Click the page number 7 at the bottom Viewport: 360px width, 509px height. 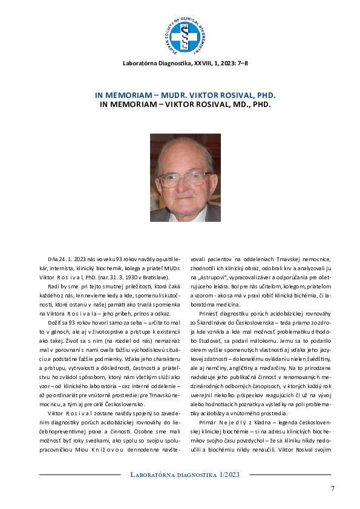coord(332,488)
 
